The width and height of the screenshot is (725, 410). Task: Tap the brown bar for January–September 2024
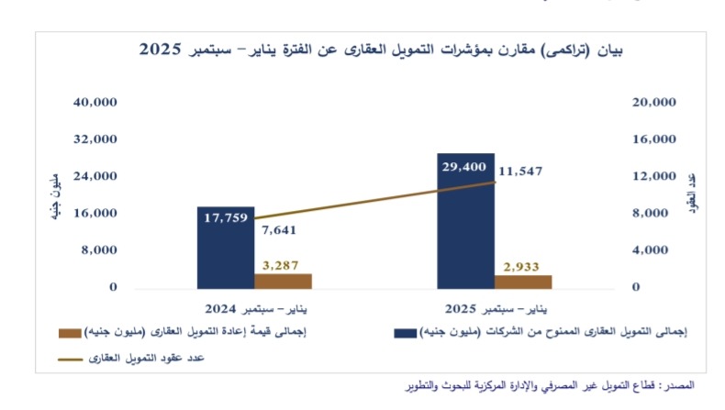(282, 280)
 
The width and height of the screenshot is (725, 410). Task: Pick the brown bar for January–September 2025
(524, 281)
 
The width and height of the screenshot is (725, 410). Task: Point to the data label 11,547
(521, 171)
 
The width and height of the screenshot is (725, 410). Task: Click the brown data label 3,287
(282, 265)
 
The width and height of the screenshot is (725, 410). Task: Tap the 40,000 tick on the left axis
(96, 102)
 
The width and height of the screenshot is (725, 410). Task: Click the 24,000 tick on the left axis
(96, 176)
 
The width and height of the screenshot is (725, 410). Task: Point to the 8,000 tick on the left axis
(100, 249)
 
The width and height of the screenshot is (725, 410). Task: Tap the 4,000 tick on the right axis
(657, 249)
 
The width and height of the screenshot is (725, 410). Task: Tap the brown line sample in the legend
(72, 358)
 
